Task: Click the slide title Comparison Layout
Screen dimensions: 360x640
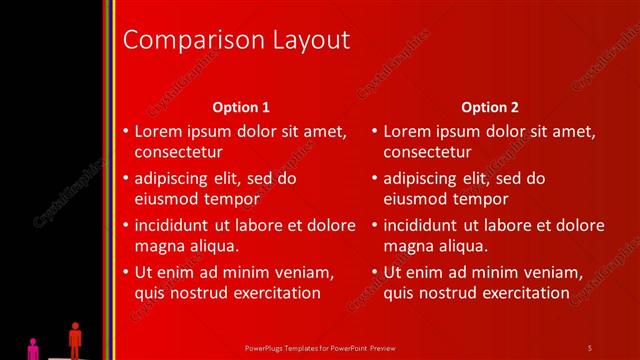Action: [235, 40]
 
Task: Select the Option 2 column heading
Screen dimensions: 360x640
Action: [490, 107]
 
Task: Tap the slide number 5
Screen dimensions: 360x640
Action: [589, 347]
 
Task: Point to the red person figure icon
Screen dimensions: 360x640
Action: [74, 339]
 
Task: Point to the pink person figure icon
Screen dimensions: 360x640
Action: [33, 348]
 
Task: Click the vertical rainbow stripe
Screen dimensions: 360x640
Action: [109, 180]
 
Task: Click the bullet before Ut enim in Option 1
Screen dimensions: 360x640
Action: [125, 272]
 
